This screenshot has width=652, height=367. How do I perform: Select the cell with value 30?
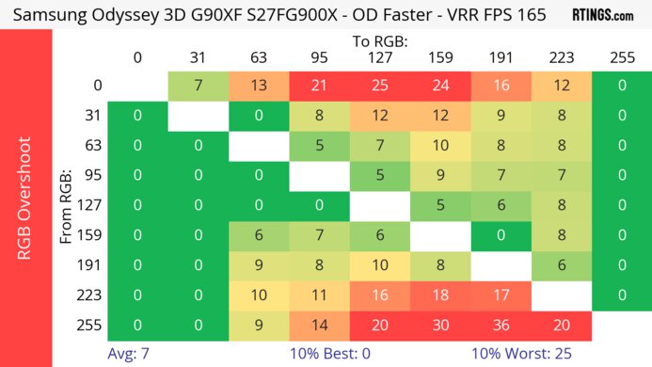pyautogui.click(x=440, y=326)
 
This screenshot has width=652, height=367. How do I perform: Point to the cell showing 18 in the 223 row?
pyautogui.click(x=440, y=295)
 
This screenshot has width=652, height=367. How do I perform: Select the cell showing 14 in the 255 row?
pyautogui.click(x=319, y=326)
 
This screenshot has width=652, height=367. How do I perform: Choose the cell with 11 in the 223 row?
pyautogui.click(x=319, y=295)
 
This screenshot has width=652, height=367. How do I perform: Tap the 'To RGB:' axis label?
pyautogui.click(x=379, y=41)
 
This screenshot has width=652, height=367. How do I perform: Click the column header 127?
pyautogui.click(x=379, y=58)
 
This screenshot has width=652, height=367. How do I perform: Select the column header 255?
pyautogui.click(x=622, y=58)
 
